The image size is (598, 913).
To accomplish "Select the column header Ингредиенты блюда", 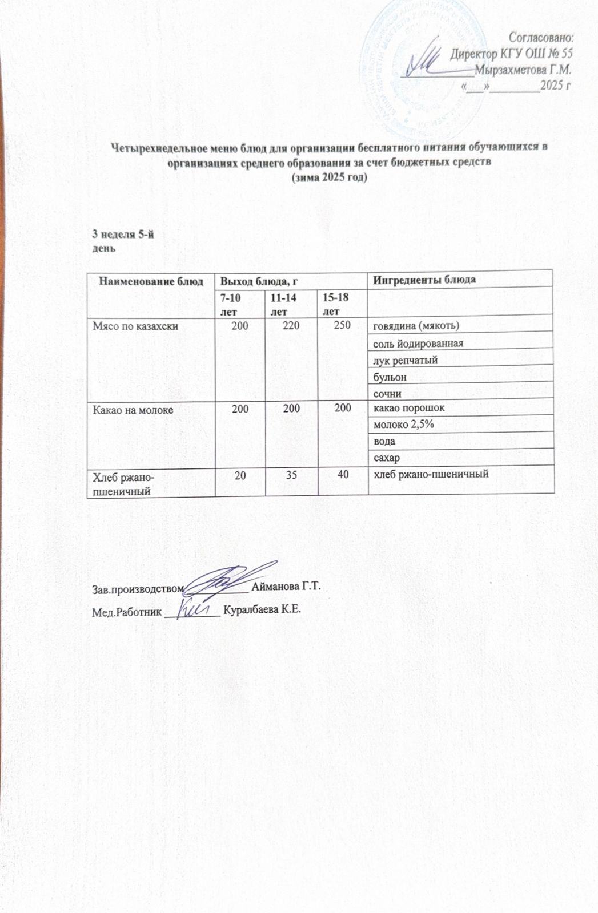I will click(424, 280).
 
